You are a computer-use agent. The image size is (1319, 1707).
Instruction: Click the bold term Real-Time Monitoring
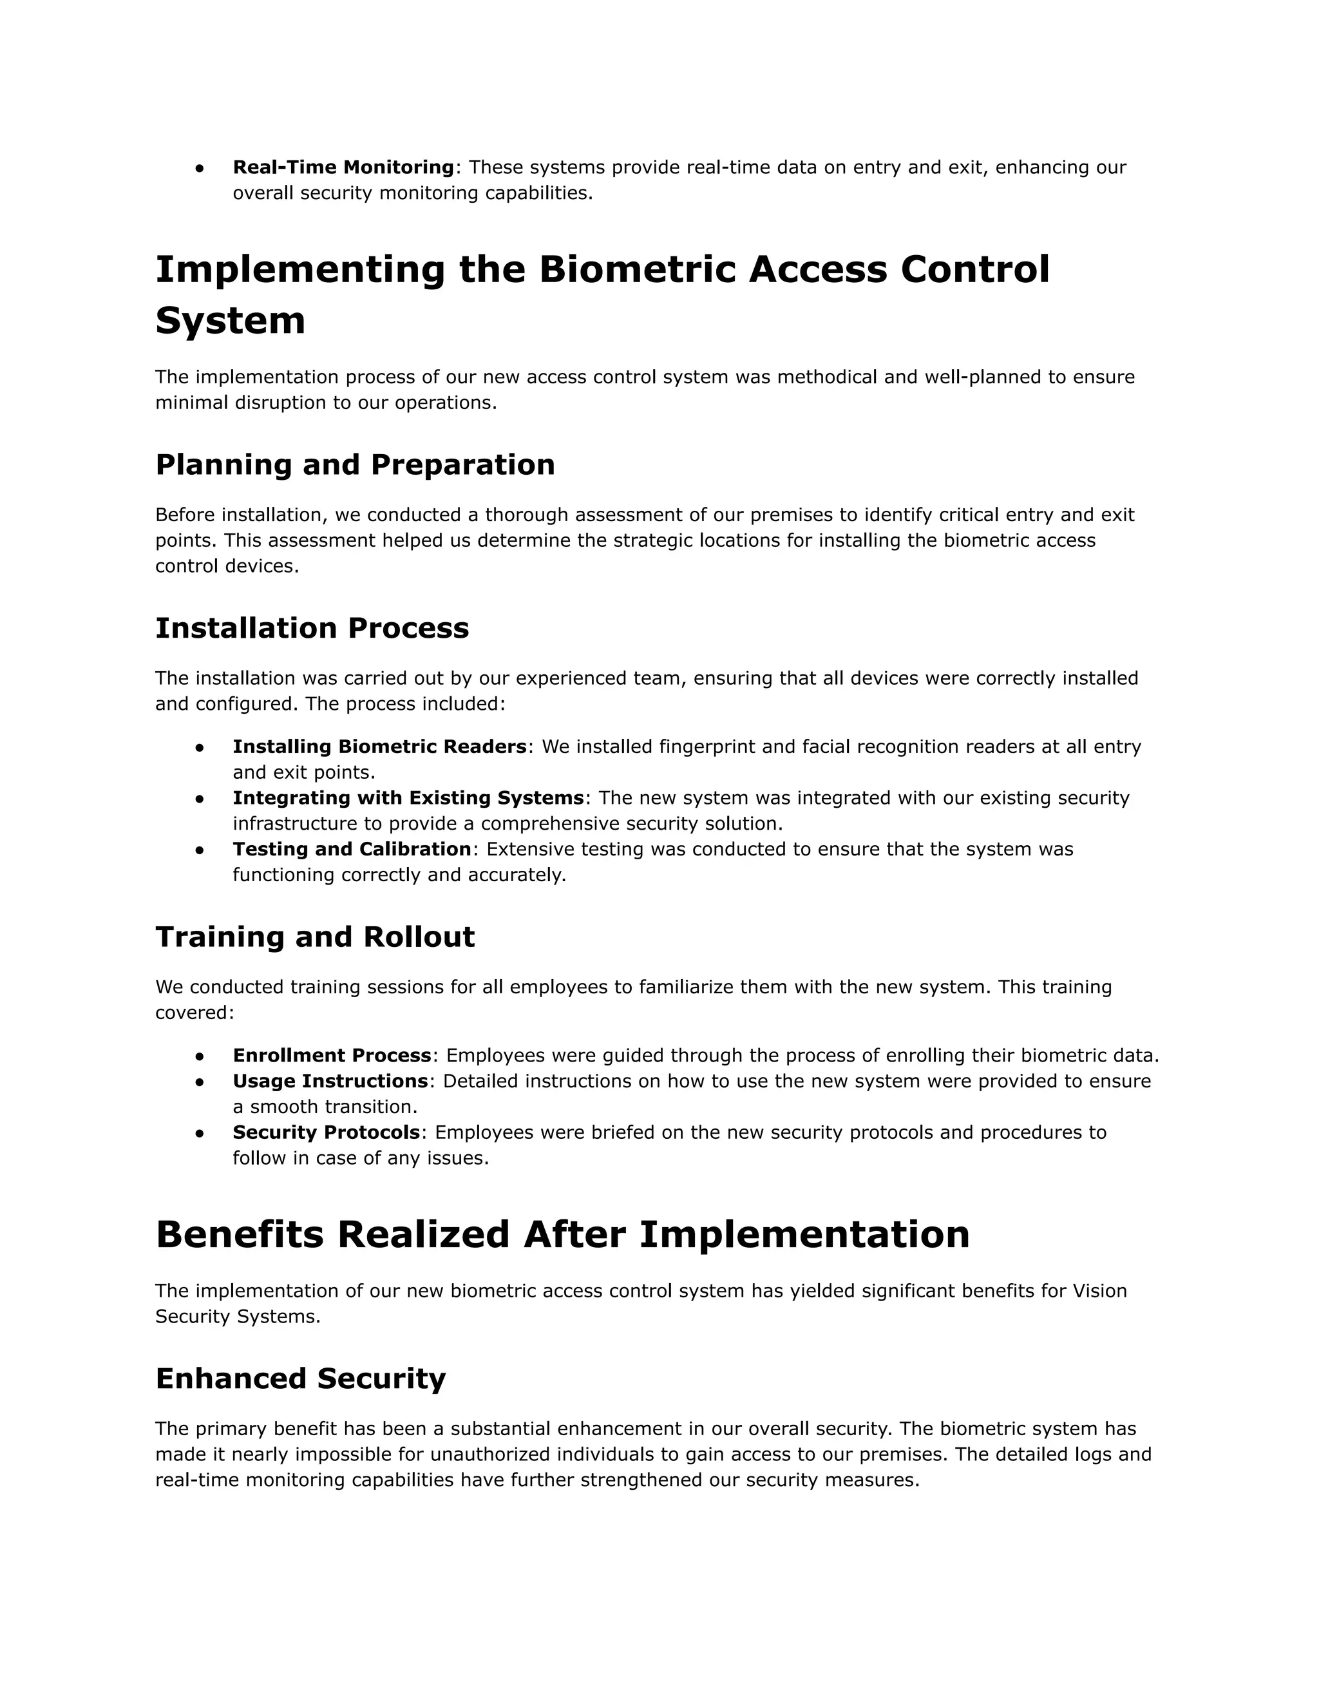tap(343, 167)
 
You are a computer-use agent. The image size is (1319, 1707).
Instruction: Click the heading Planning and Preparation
tap(355, 464)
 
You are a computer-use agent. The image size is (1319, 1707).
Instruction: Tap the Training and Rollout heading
tap(315, 937)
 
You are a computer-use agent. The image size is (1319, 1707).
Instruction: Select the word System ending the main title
tap(230, 321)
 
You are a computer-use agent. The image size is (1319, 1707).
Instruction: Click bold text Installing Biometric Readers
tap(379, 747)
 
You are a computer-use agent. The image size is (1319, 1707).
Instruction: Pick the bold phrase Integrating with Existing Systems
tap(408, 798)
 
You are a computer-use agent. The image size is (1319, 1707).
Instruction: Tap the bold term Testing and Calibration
tap(352, 849)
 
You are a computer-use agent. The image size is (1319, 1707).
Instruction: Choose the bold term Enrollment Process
tap(331, 1055)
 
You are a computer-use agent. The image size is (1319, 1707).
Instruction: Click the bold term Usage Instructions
tap(330, 1081)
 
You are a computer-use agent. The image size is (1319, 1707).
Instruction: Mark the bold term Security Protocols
tap(326, 1132)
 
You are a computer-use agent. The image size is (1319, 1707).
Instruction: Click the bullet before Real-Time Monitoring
tap(200, 168)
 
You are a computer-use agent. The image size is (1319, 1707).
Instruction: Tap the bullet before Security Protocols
tap(200, 1133)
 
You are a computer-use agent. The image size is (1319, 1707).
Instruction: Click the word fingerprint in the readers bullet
tap(707, 747)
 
